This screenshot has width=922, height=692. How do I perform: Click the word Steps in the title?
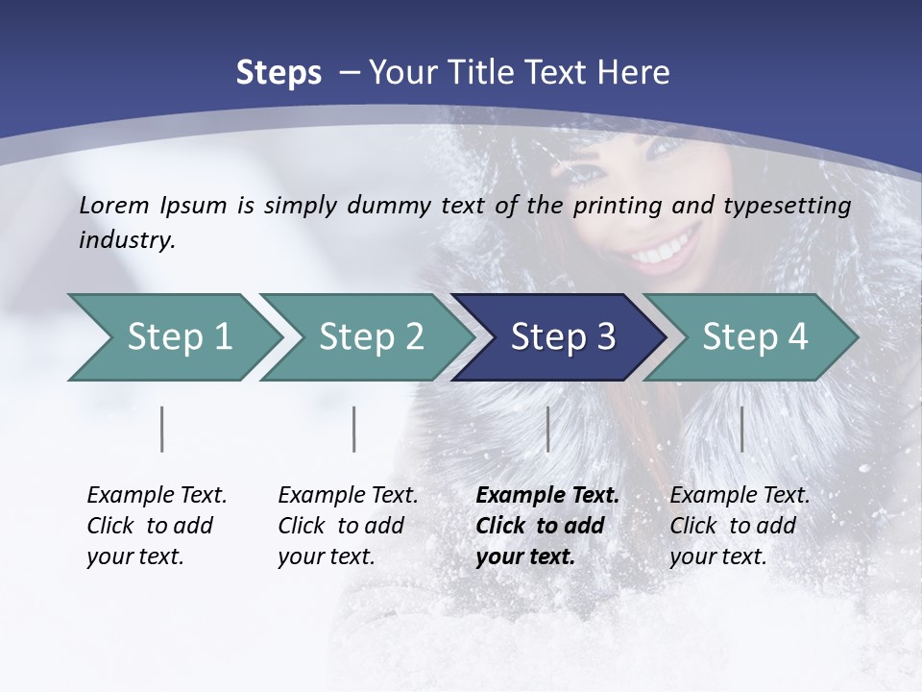tap(279, 73)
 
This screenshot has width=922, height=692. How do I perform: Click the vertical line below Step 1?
tap(162, 429)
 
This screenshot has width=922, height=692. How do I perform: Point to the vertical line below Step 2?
tap(354, 429)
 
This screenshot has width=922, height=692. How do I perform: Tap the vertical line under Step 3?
tap(547, 429)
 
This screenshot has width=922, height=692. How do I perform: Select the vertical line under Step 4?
tap(741, 429)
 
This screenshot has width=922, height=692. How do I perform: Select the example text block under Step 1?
tap(157, 526)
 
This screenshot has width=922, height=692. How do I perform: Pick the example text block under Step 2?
tap(348, 526)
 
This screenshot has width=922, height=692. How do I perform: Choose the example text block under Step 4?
tap(740, 526)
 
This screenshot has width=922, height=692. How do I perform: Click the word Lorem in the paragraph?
tap(114, 205)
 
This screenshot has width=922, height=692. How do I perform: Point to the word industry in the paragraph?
tap(126, 240)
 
